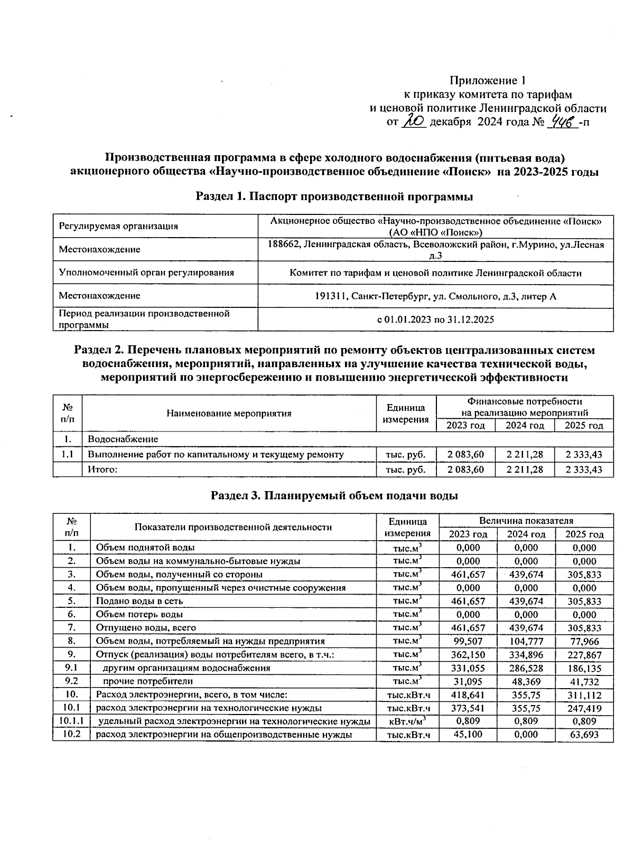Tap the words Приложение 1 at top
point(488,81)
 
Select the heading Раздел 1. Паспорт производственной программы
point(334,197)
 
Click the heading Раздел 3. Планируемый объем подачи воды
point(334,495)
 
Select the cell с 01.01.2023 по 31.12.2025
point(435,320)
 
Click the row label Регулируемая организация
point(118,226)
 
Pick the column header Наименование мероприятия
point(229,413)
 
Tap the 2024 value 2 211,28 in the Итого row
point(525,469)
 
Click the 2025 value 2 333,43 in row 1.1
point(584,454)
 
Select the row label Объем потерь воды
point(139,614)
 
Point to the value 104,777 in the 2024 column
point(526,641)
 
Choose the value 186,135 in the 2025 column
point(584,668)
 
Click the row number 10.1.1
point(71,721)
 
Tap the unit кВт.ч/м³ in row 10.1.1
point(407,721)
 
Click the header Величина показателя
point(526,520)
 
